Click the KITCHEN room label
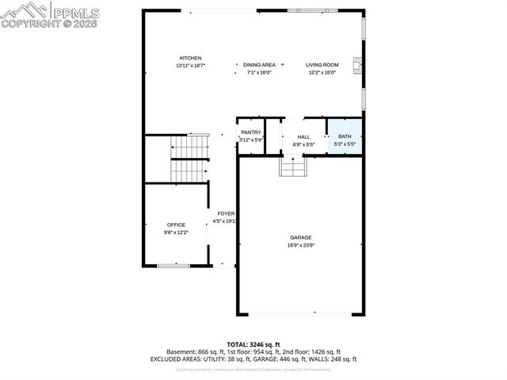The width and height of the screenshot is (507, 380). coord(190,58)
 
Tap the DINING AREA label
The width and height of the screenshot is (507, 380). coord(259,64)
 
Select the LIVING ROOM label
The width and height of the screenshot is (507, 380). coord(322,64)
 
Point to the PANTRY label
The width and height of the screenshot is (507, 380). coord(251,132)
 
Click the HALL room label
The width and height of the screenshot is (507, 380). coord(303,137)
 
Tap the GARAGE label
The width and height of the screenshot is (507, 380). coord(300,238)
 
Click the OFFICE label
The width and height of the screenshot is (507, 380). coord(175,225)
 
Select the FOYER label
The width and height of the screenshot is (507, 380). coord(226,213)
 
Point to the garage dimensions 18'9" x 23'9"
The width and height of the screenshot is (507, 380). coord(300,245)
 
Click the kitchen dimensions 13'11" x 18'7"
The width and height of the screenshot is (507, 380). coord(190,65)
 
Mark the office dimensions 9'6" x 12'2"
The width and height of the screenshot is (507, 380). coord(175,232)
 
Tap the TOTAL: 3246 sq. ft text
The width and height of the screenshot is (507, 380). coord(253,344)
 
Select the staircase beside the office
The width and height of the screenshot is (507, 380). coord(189,159)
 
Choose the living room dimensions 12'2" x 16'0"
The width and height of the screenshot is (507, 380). coord(322,72)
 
